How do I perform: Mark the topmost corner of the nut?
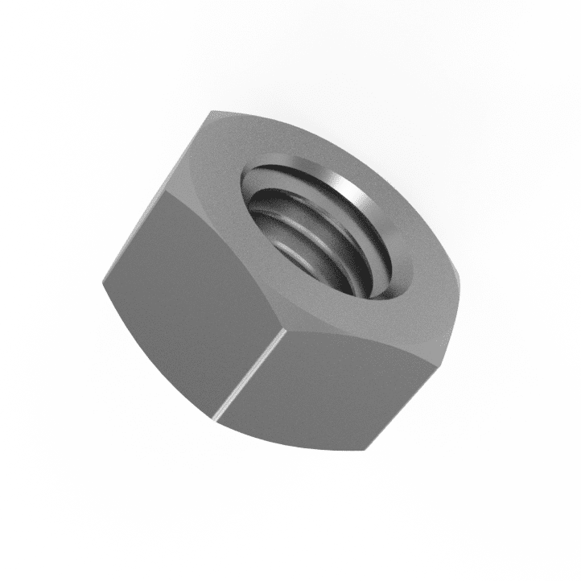click(x=212, y=112)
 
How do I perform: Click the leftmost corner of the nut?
click(x=103, y=282)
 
